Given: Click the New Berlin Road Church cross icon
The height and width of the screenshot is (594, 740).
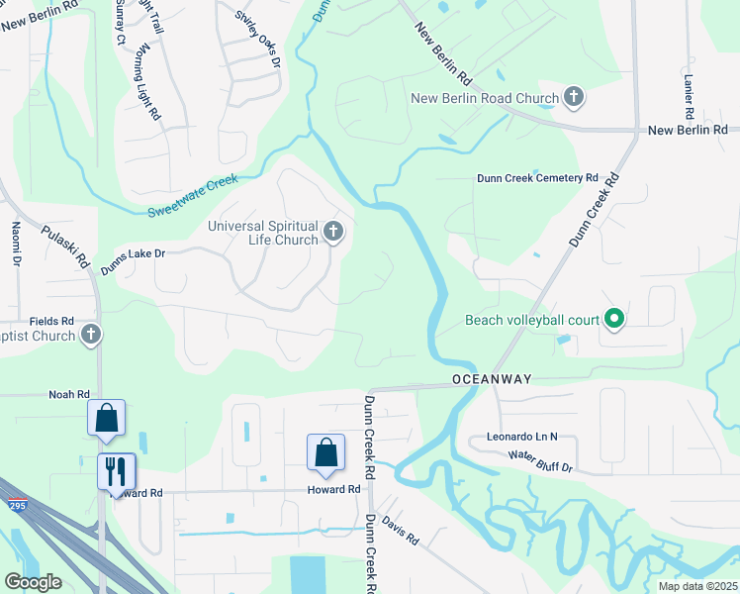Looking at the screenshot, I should point(573,97).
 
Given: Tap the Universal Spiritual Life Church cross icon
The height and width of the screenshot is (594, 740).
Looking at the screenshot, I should point(333,234).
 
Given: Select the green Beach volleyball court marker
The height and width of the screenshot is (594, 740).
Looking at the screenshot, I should point(613,319).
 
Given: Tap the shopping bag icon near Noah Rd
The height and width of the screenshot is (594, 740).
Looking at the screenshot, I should point(106,418).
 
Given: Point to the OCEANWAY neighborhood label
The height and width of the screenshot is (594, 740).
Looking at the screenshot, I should point(493,379).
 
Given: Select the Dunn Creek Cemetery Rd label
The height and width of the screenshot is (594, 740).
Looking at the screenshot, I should point(537,178).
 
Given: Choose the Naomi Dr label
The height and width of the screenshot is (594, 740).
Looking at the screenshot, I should point(16,244).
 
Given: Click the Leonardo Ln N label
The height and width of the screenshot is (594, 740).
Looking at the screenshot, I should point(522,436).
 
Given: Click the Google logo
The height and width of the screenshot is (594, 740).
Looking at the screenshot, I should point(33,581).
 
